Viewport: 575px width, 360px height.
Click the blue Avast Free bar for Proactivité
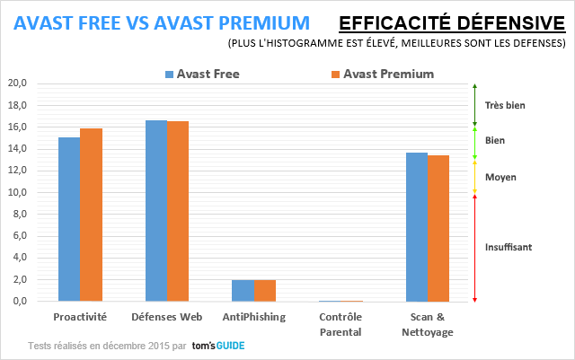coord(69,219)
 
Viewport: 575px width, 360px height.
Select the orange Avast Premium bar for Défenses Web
coord(178,211)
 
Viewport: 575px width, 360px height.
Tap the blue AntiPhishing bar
coord(243,291)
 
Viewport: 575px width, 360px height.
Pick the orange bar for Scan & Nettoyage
coord(438,228)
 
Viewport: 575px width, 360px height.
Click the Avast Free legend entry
coord(202,74)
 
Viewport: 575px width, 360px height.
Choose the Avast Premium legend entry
coord(383,74)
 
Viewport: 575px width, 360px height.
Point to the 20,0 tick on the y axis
coord(17,83)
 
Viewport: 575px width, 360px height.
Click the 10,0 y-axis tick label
coord(17,192)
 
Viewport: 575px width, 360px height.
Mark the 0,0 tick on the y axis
coord(20,301)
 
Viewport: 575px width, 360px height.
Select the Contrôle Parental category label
coord(341,324)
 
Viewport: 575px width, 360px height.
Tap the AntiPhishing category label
coord(254,317)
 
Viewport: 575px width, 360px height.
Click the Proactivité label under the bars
coord(80,317)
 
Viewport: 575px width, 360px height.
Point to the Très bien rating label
coord(505,106)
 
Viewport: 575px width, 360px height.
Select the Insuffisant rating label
coord(509,247)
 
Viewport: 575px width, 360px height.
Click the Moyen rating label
coord(500,178)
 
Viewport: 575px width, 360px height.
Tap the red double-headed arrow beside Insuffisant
coord(474,248)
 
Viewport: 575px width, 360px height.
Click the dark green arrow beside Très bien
coord(474,105)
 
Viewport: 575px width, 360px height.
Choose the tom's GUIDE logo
coord(218,346)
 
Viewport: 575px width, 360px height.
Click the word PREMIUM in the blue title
coord(264,23)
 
